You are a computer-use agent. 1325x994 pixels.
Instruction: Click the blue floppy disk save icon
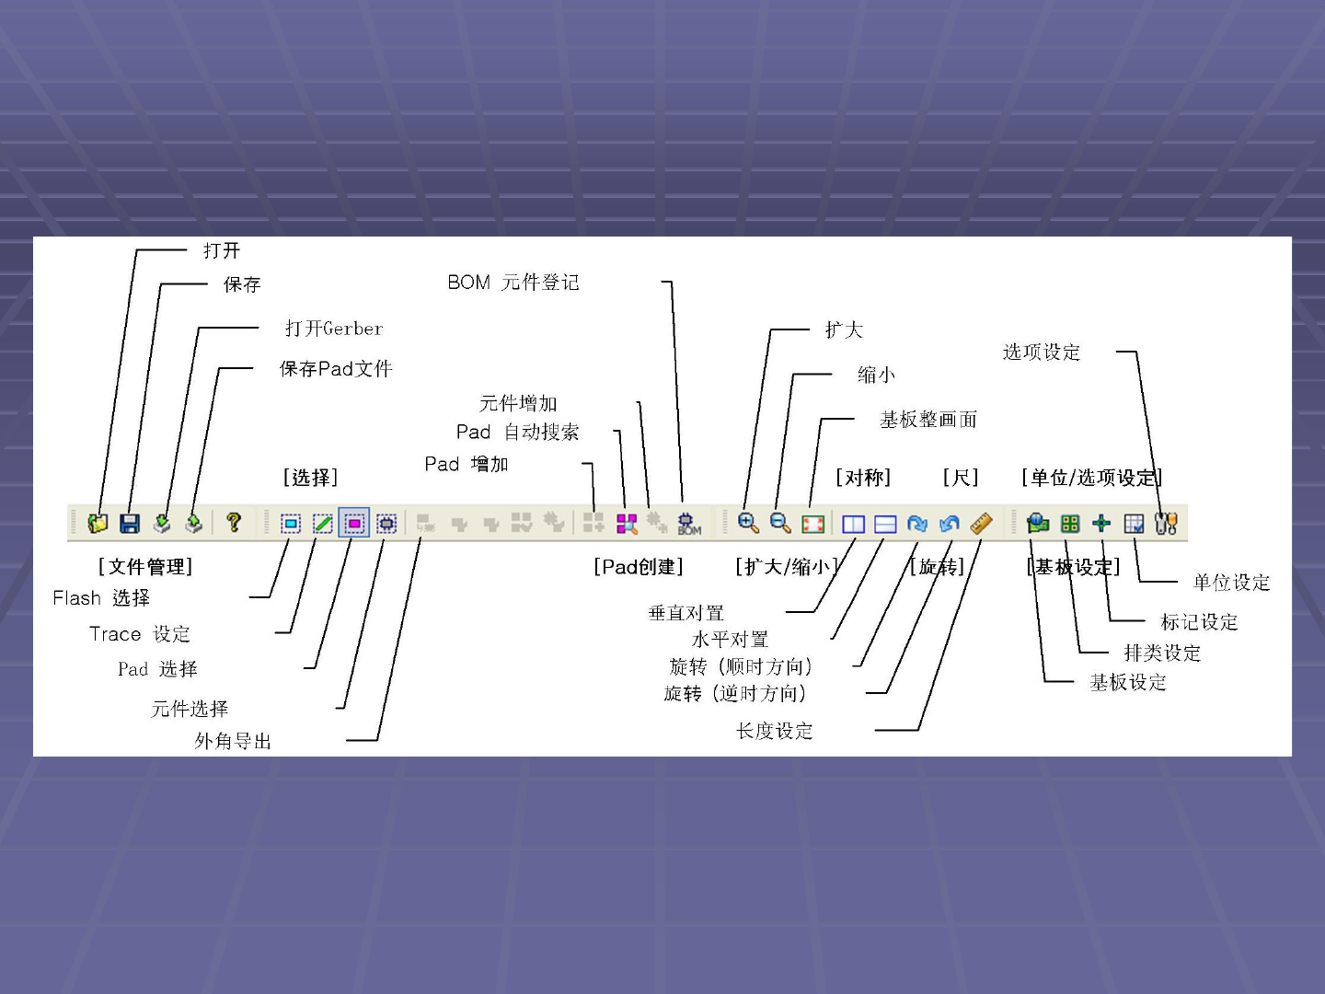[x=130, y=524]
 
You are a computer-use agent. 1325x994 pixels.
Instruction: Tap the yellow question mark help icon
[x=234, y=523]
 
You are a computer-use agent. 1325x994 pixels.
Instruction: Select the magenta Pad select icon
[x=354, y=524]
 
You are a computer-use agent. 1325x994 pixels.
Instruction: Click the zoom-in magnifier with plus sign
[x=748, y=523]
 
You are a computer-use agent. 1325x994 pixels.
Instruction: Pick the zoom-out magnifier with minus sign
[x=780, y=523]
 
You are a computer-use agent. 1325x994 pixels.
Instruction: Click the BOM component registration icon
[x=688, y=524]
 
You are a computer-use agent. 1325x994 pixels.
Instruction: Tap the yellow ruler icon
[x=981, y=523]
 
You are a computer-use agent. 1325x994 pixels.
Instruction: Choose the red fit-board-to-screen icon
[x=812, y=524]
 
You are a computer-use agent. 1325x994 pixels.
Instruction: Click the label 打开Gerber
[x=333, y=329]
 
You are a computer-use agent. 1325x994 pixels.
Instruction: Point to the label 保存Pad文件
[x=336, y=369]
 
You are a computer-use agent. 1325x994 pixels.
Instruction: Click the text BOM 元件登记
[x=513, y=283]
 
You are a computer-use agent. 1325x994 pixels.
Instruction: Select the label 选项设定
[x=1041, y=353]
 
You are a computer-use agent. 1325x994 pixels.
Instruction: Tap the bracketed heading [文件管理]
[x=145, y=567]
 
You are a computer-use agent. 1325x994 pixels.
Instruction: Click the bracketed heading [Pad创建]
[x=639, y=567]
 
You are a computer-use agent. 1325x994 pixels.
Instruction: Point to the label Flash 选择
[x=101, y=598]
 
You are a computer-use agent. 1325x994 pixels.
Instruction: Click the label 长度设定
[x=774, y=731]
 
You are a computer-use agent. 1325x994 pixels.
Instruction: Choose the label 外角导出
[x=233, y=741]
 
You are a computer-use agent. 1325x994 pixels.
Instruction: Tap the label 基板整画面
[x=927, y=420]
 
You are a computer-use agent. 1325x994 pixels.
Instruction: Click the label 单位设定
[x=1231, y=583]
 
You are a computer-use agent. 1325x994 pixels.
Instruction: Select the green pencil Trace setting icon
[x=322, y=524]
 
